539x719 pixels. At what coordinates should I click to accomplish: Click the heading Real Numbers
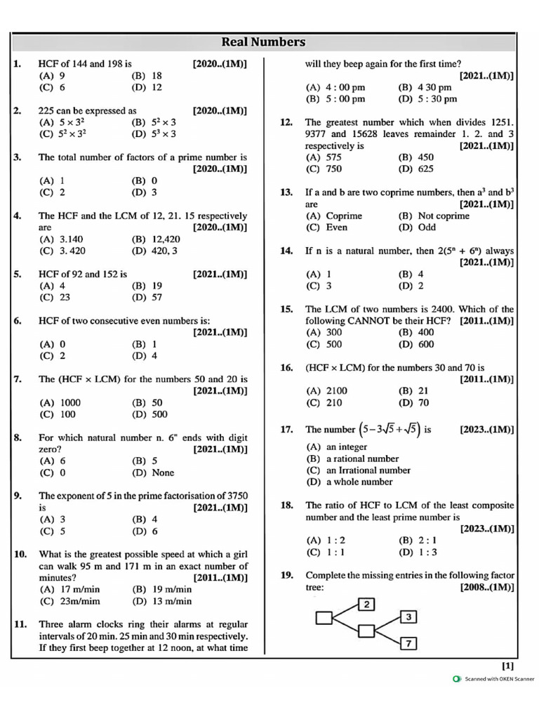pos(263,42)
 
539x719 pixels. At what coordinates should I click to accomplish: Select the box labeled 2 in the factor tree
pos(368,604)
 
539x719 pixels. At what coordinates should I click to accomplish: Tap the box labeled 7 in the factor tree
pos(409,642)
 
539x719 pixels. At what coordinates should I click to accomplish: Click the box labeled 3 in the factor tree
pos(409,616)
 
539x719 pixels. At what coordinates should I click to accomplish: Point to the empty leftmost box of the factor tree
pos(324,618)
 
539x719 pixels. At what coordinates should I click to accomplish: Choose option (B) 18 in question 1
pos(147,76)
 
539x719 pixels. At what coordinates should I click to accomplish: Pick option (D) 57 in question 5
pos(147,297)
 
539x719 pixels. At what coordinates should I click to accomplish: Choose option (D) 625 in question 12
pos(415,169)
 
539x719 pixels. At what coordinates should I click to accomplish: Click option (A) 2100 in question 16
pos(326,390)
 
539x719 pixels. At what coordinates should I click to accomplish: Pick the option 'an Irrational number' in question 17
pos(359,470)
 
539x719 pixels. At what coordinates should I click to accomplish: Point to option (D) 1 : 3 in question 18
pos(417,552)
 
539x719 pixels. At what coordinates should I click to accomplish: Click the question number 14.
pos(286,251)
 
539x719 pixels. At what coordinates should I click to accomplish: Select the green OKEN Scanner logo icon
pos(457,679)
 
